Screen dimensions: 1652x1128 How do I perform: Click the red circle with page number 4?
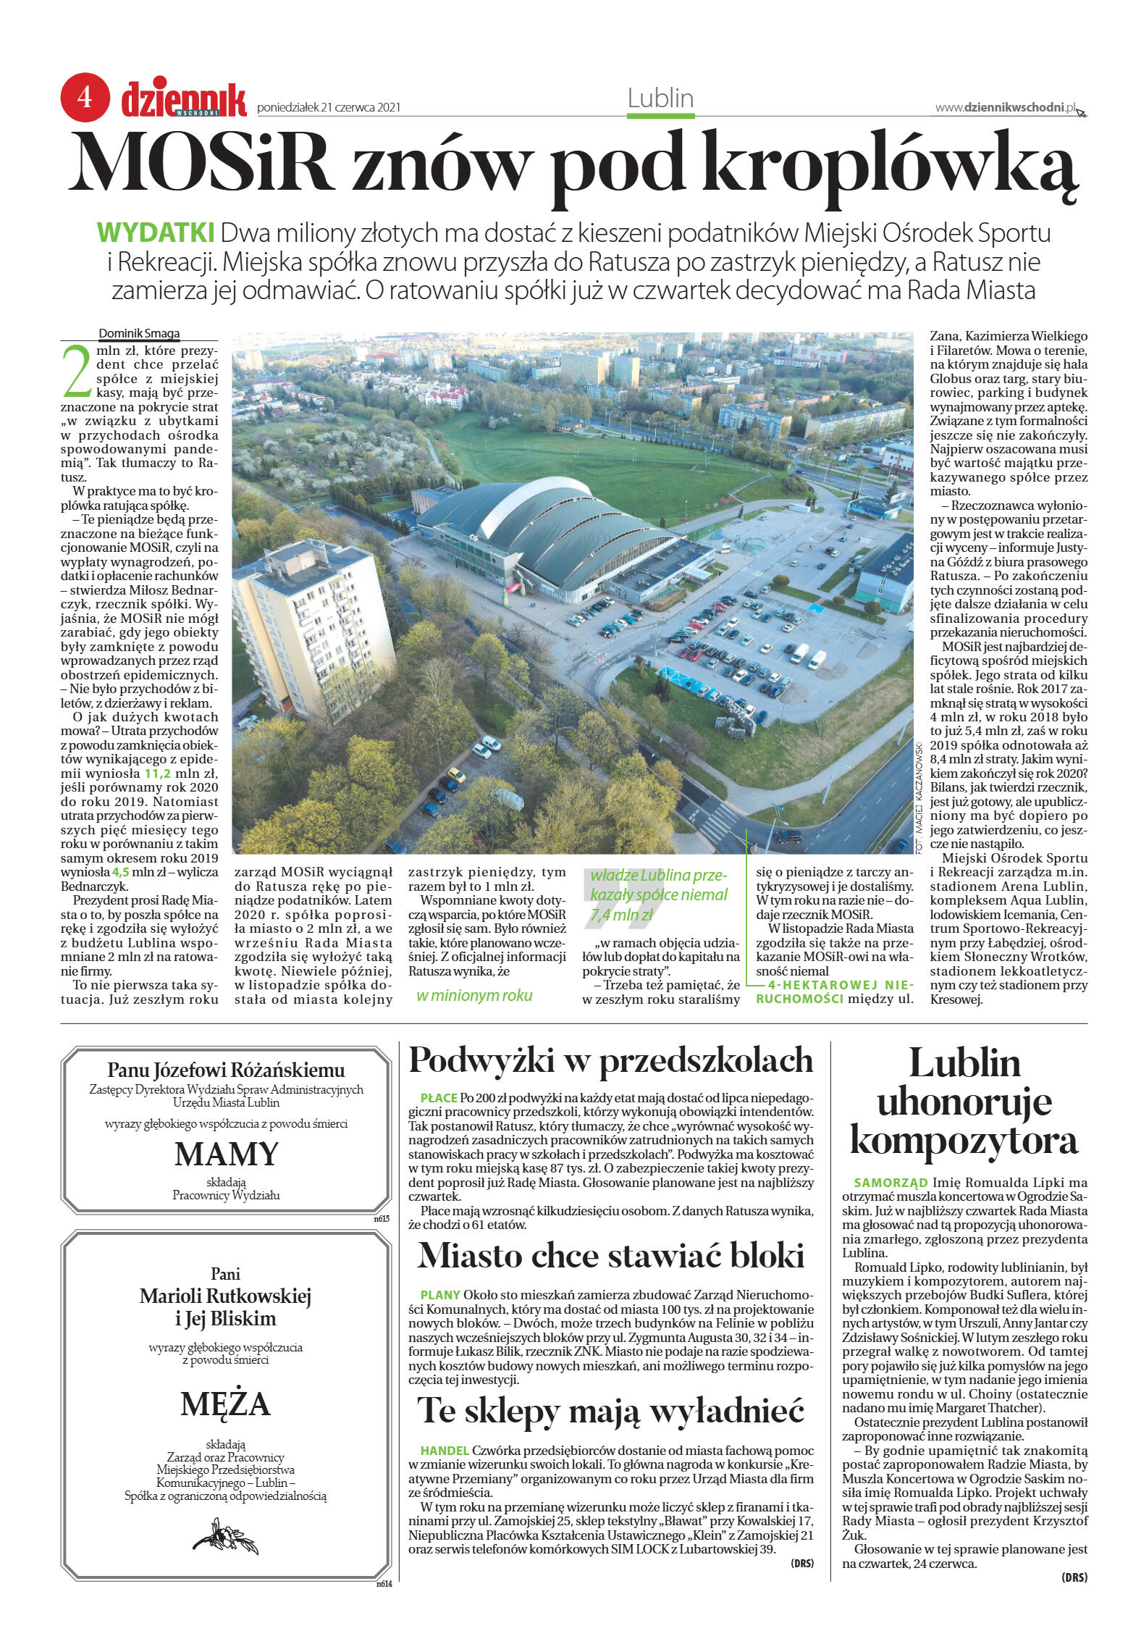pyautogui.click(x=85, y=97)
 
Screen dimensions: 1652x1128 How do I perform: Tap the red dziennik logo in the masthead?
pyautogui.click(x=184, y=100)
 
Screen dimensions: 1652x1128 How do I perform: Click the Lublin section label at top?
pyautogui.click(x=660, y=98)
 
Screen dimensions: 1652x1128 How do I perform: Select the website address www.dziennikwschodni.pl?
pyautogui.click(x=1005, y=107)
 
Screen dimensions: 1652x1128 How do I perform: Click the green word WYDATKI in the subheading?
pyautogui.click(x=156, y=233)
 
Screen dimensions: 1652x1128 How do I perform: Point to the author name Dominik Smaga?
pyautogui.click(x=139, y=334)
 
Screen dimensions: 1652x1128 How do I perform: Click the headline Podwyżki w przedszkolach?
pyautogui.click(x=611, y=1061)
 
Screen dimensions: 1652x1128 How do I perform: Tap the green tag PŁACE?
pyautogui.click(x=439, y=1098)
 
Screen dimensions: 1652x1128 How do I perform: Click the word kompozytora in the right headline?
pyautogui.click(x=964, y=1141)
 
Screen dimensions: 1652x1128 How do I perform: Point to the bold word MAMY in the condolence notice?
pyautogui.click(x=227, y=1154)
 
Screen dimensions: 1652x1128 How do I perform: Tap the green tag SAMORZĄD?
pyautogui.click(x=891, y=1183)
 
